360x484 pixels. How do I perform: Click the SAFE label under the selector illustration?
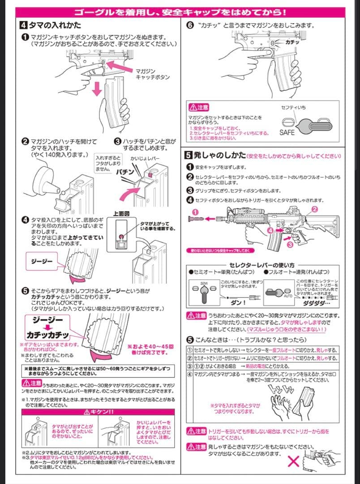click(x=287, y=133)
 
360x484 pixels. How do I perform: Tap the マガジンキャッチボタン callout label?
click(x=152, y=74)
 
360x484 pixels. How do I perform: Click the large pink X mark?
click(x=293, y=462)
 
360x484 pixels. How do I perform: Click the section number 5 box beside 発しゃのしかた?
click(x=189, y=156)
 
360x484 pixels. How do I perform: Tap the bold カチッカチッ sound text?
click(x=47, y=335)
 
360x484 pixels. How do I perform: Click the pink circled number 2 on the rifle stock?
click(x=314, y=209)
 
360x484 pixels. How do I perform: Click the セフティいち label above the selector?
click(x=293, y=108)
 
